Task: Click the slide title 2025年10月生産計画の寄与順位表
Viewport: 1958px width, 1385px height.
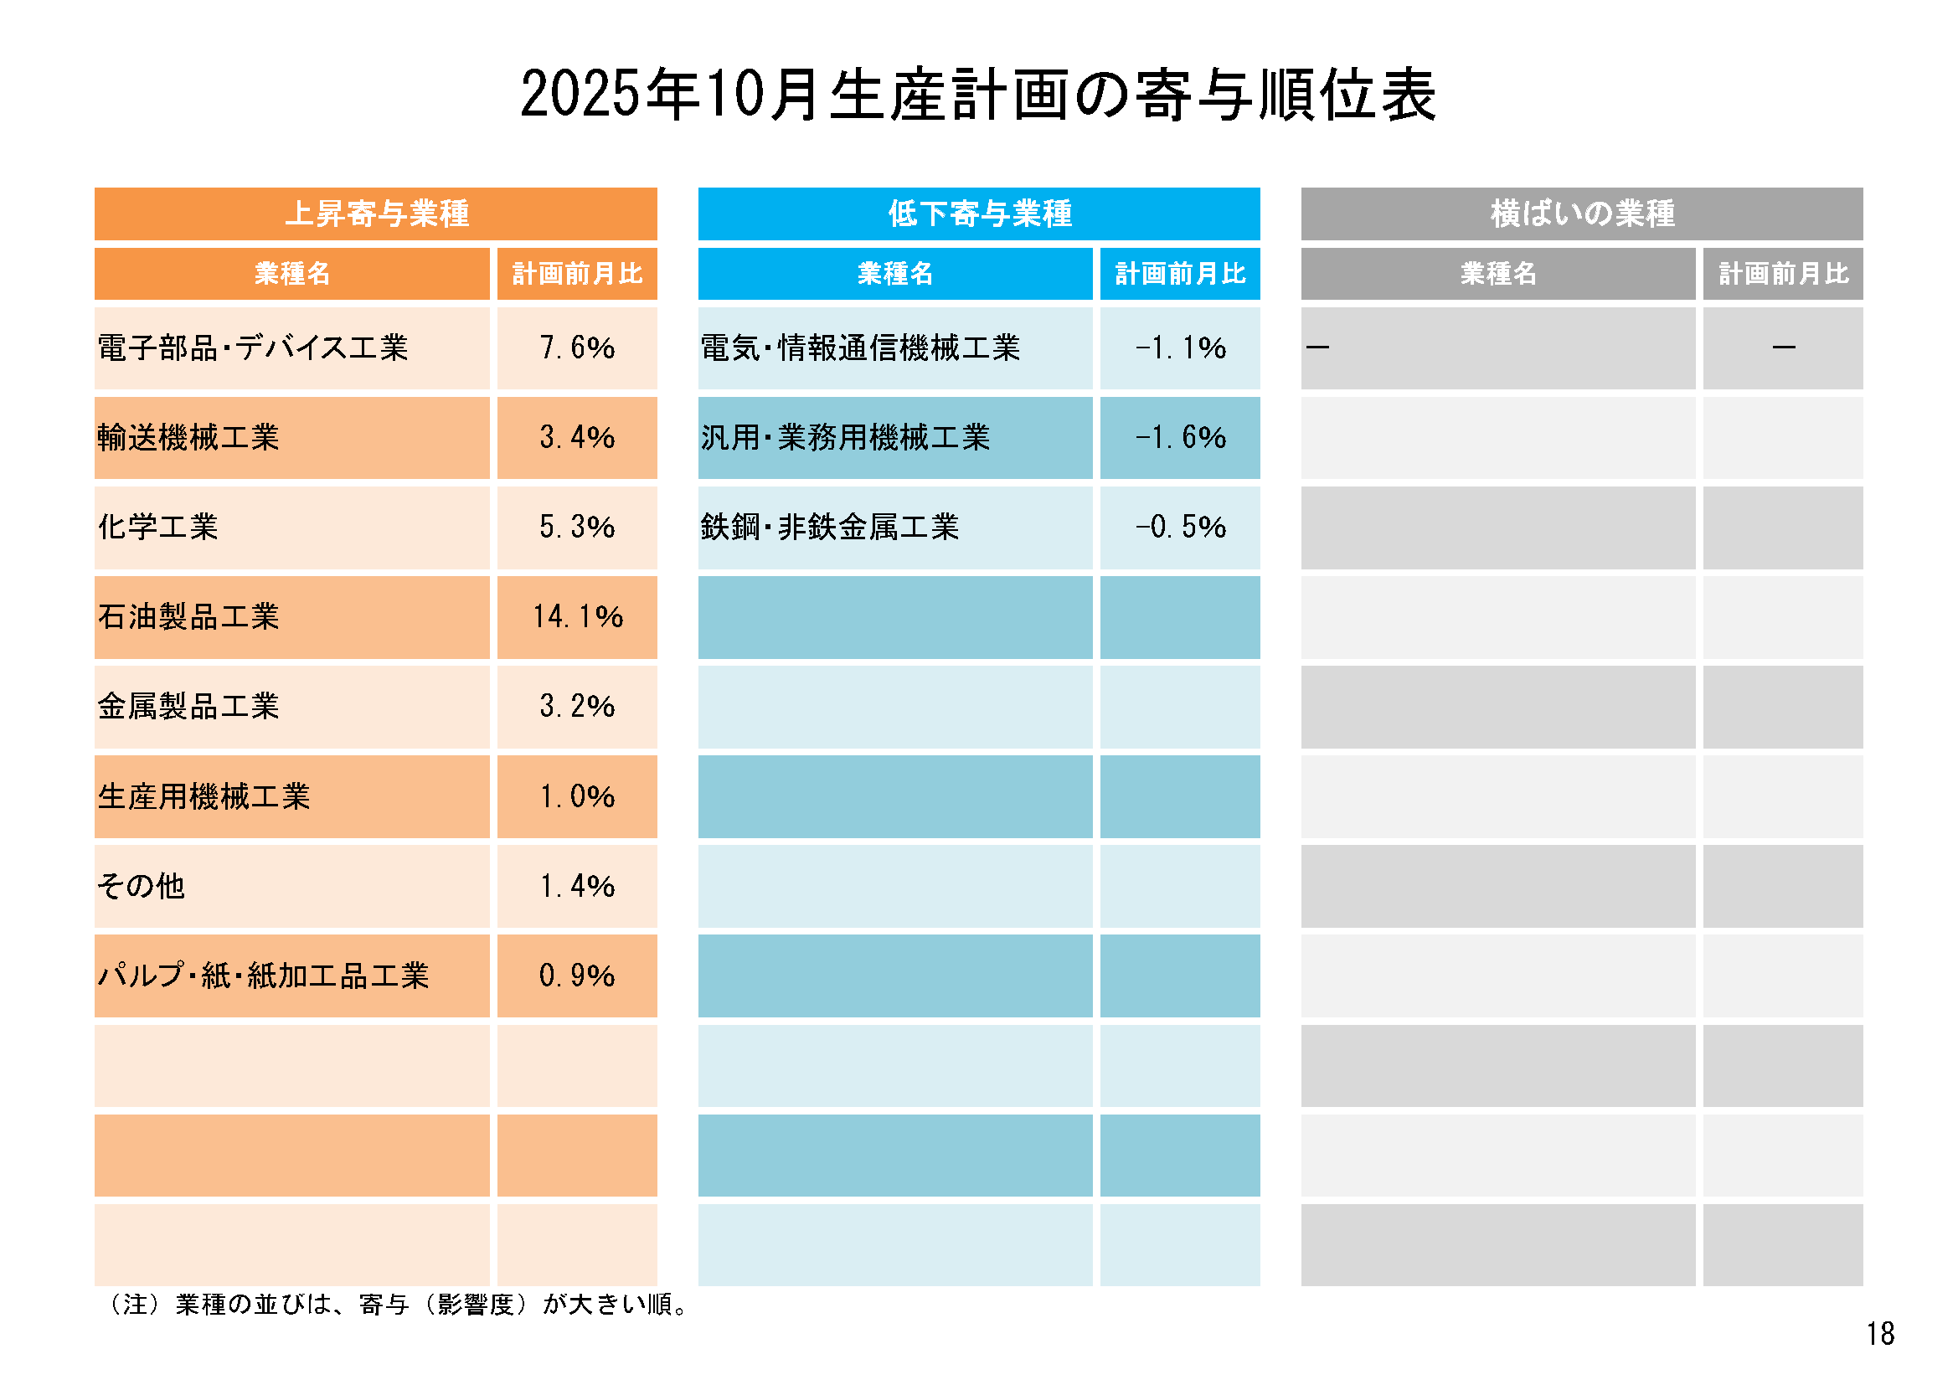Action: pos(978,94)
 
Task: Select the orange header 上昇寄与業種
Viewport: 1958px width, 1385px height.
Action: pos(376,214)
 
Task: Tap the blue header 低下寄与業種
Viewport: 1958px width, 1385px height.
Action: pos(979,214)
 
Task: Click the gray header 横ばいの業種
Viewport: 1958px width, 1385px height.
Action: pos(1582,214)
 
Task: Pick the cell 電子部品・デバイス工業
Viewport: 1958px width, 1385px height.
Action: pos(252,348)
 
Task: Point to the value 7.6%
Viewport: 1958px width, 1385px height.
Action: pos(577,348)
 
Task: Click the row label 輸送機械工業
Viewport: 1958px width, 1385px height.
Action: pos(188,437)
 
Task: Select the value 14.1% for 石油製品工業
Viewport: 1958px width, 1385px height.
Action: pos(577,616)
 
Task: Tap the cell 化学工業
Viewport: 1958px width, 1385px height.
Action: pos(157,527)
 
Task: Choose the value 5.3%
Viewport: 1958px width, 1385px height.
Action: pos(577,527)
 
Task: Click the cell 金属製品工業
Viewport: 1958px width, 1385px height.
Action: pos(188,706)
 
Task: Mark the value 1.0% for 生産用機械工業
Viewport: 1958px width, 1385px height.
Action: pos(577,796)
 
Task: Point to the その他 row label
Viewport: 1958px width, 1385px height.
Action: pos(141,886)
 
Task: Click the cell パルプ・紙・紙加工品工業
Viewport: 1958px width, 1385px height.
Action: pos(263,976)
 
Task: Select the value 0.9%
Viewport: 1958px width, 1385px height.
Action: pos(577,976)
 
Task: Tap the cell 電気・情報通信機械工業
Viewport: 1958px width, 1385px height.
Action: pos(859,348)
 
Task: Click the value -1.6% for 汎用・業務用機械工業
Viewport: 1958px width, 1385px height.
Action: pos(1180,437)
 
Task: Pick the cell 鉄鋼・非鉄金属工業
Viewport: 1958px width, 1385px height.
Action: pos(830,527)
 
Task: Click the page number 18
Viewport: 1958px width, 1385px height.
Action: pos(1879,1334)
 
